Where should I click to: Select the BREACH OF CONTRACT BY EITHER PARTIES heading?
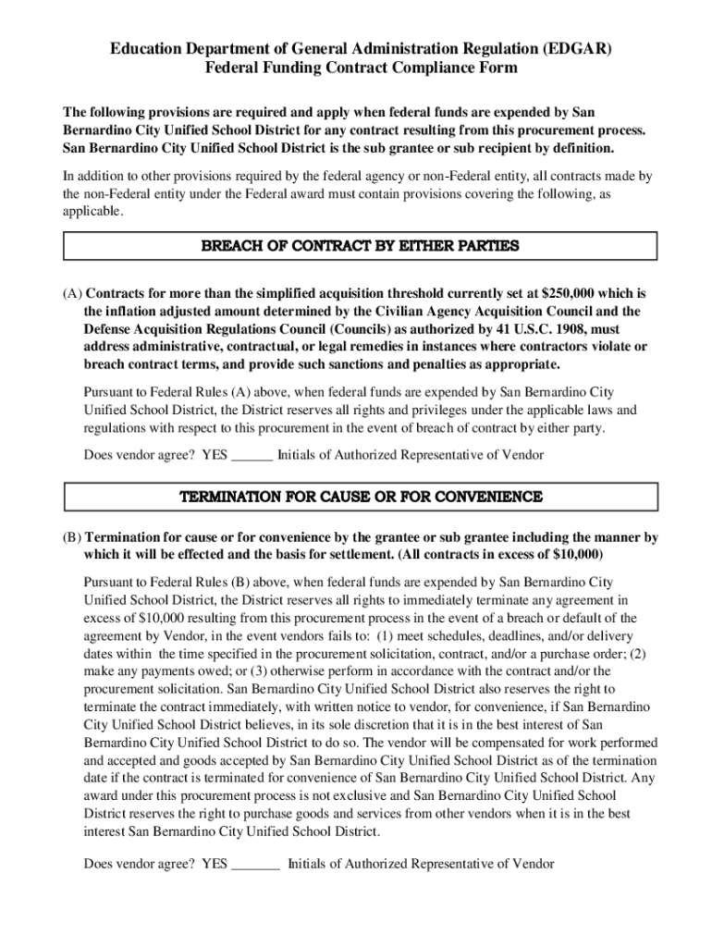coord(360,246)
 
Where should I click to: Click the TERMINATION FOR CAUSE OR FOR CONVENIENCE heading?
coord(360,497)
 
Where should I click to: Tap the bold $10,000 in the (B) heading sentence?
coord(571,555)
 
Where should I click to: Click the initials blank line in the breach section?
coord(252,455)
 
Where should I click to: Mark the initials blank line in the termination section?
coord(255,864)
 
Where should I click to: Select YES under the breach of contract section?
coord(214,454)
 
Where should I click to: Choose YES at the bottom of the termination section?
coord(214,864)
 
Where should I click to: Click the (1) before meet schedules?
coord(387,636)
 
